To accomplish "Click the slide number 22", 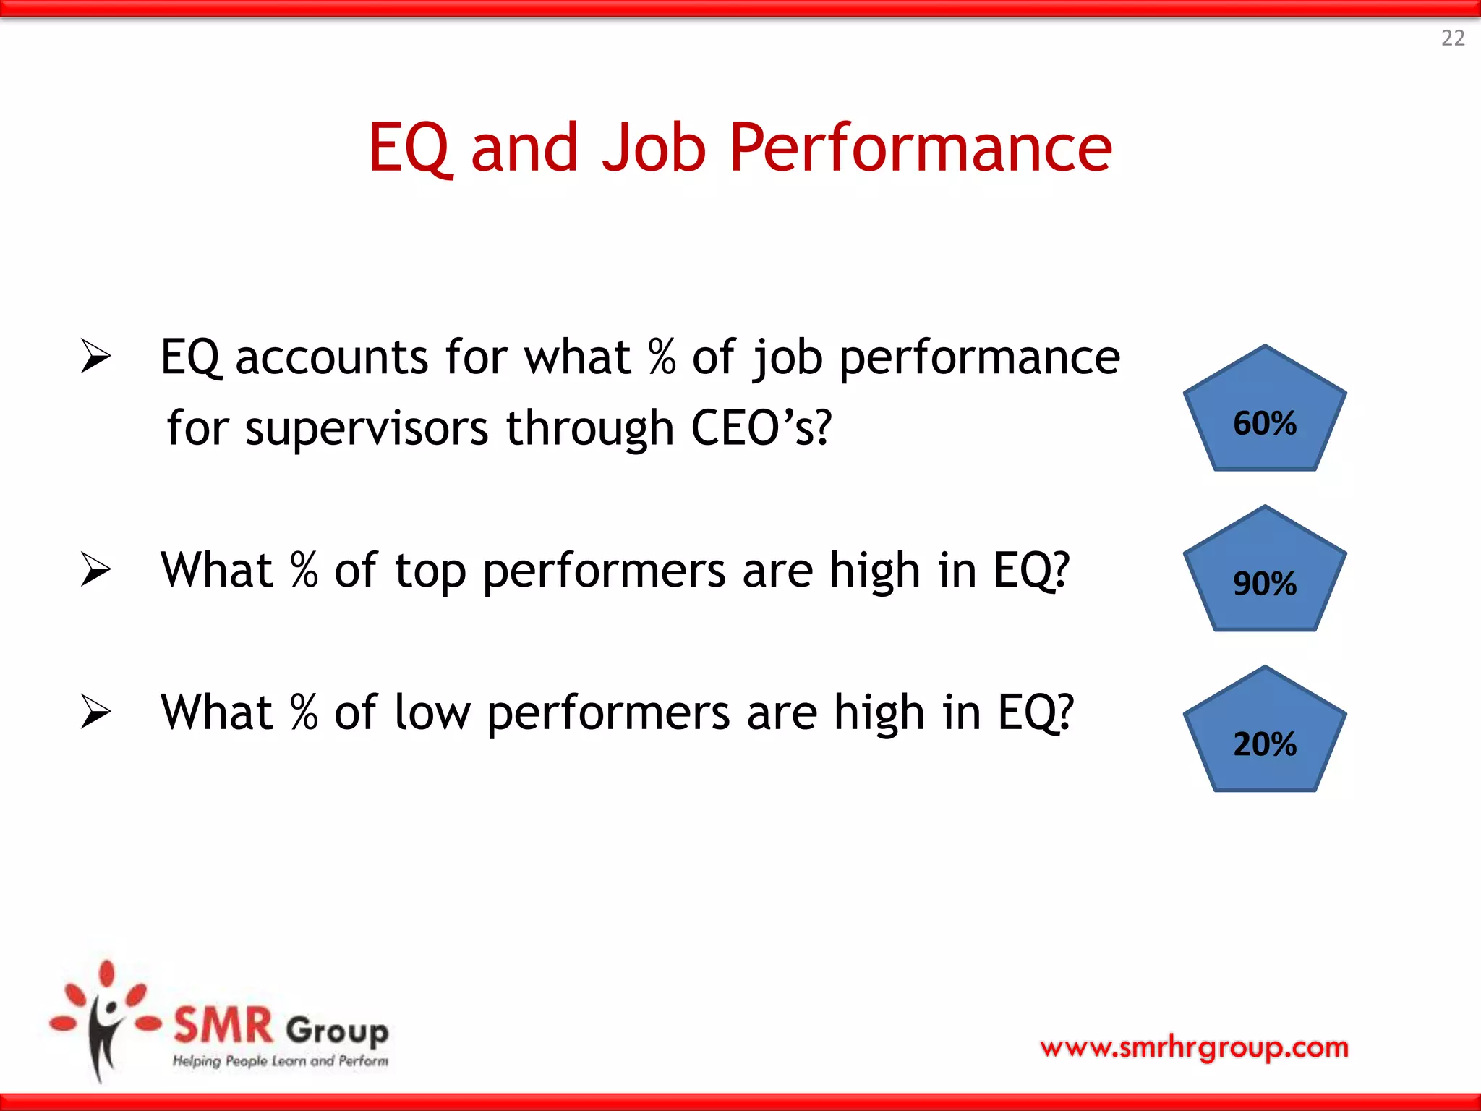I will (x=1453, y=38).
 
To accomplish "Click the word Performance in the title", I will (x=920, y=148).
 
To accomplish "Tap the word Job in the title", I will (x=653, y=148).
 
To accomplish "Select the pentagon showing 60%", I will (x=1264, y=416).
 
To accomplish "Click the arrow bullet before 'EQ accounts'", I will (x=95, y=356).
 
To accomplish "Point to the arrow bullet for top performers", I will (x=95, y=569).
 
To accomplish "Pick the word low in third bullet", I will (x=432, y=712).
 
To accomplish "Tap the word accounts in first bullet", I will (x=332, y=357).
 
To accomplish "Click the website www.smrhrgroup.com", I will (x=1194, y=1047).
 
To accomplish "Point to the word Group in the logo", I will (x=337, y=1030).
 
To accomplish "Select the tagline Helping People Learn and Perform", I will (x=280, y=1061).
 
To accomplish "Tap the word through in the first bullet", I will (x=589, y=428).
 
